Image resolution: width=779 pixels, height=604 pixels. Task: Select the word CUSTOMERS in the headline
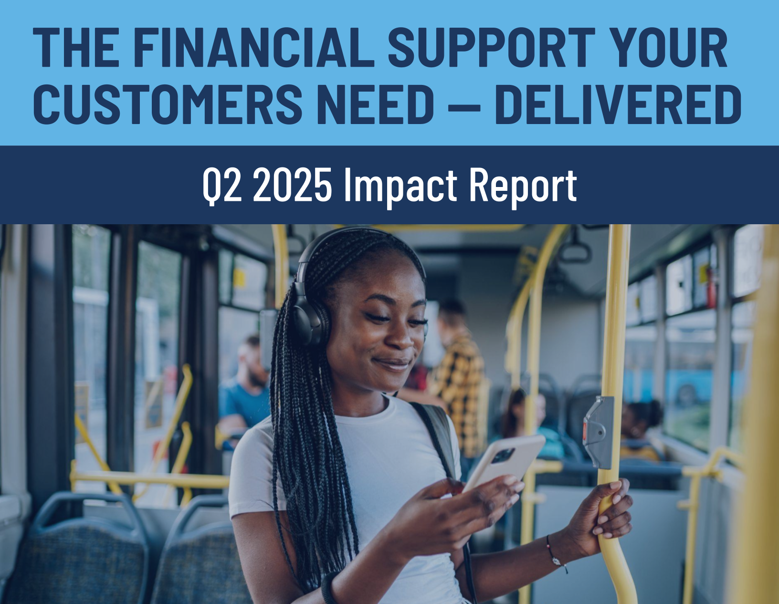click(168, 104)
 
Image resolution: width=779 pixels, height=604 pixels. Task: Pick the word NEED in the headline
click(375, 104)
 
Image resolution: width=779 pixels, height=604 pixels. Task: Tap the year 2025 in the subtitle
click(292, 185)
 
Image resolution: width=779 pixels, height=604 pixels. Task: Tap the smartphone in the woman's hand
click(504, 464)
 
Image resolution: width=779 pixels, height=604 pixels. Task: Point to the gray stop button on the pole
click(598, 432)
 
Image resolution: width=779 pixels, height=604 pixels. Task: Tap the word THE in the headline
click(76, 47)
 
